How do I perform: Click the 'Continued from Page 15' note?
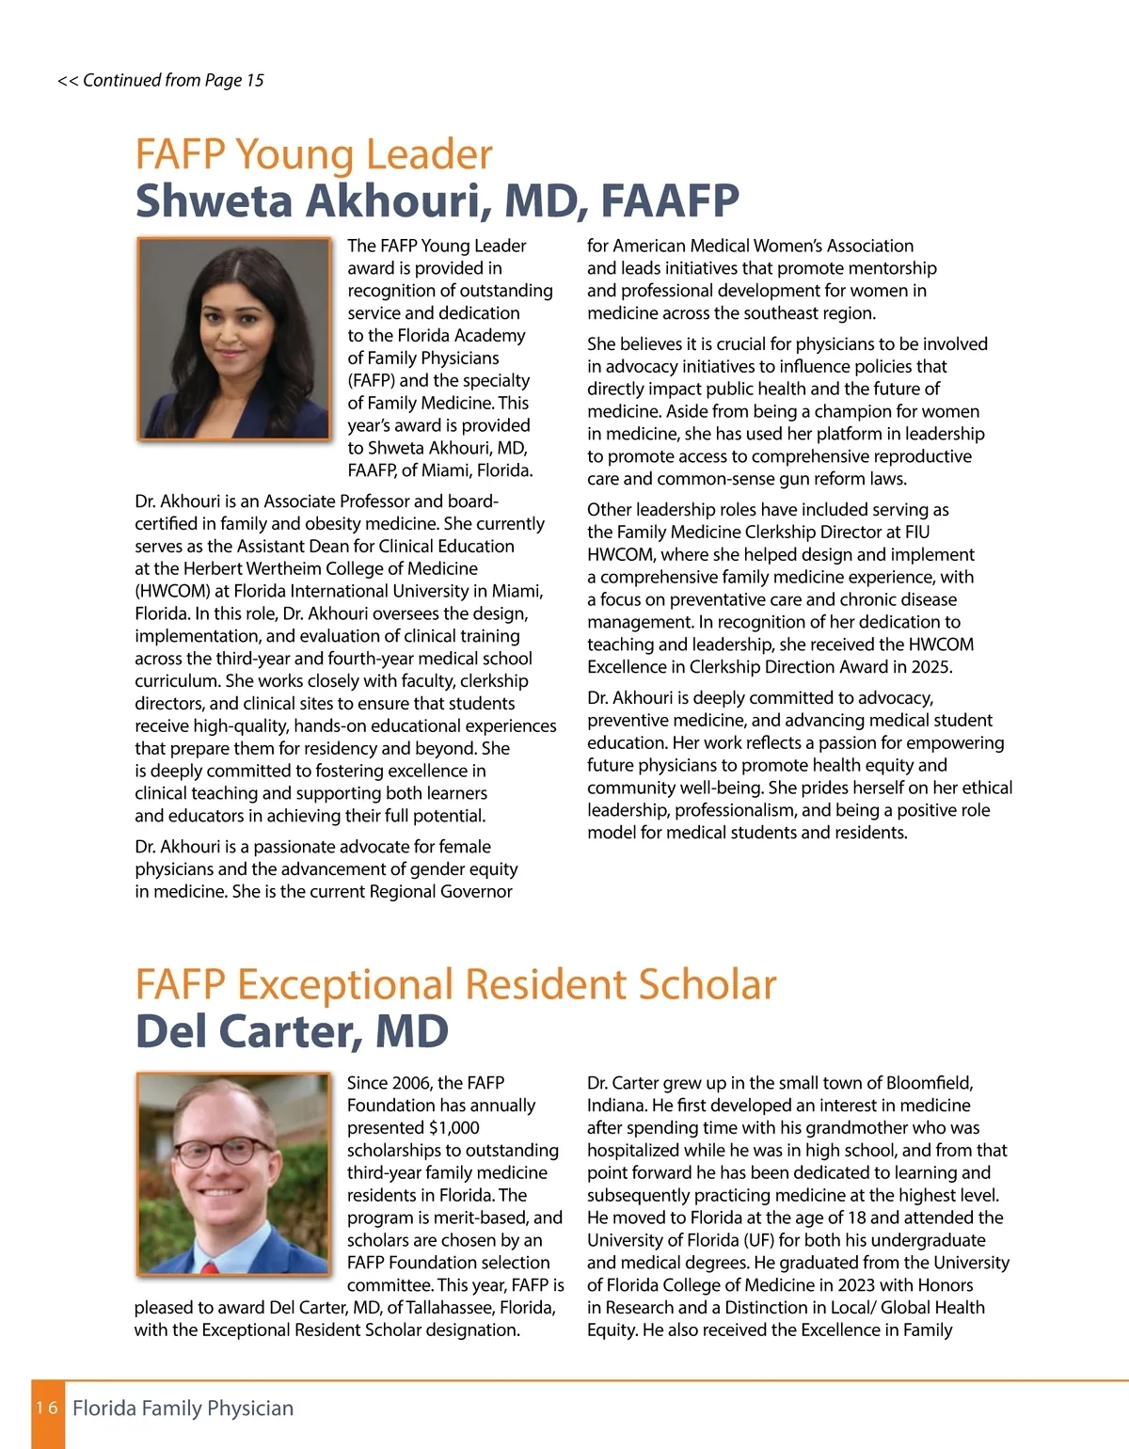[x=161, y=81]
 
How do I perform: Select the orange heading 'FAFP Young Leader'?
[x=313, y=154]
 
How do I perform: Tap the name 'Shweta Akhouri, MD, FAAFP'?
[x=437, y=200]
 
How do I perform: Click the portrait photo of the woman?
[x=233, y=339]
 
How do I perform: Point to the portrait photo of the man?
[x=233, y=1174]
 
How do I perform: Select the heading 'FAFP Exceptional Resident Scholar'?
[x=455, y=984]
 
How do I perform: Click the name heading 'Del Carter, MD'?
[x=292, y=1031]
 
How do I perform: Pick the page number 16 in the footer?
[x=47, y=1408]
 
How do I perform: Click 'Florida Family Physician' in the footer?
[x=183, y=1409]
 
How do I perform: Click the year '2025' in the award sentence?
[x=931, y=667]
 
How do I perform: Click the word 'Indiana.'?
[x=615, y=1106]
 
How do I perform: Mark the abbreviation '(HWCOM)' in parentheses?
[x=172, y=592]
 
